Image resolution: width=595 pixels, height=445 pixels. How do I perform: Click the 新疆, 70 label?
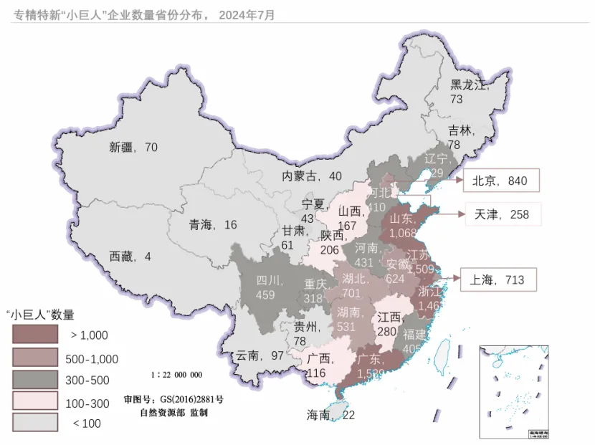click(133, 148)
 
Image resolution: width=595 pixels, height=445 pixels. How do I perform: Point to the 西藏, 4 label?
click(130, 256)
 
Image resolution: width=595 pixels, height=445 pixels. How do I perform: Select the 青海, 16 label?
click(213, 225)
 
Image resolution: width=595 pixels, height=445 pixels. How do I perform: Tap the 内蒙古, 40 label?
click(311, 176)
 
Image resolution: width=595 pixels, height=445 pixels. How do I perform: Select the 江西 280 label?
click(389, 324)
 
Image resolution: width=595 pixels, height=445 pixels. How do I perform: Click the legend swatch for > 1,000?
click(34, 334)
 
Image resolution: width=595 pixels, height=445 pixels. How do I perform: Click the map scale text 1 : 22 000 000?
click(177, 375)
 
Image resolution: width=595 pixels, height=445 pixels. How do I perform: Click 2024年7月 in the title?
click(247, 14)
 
